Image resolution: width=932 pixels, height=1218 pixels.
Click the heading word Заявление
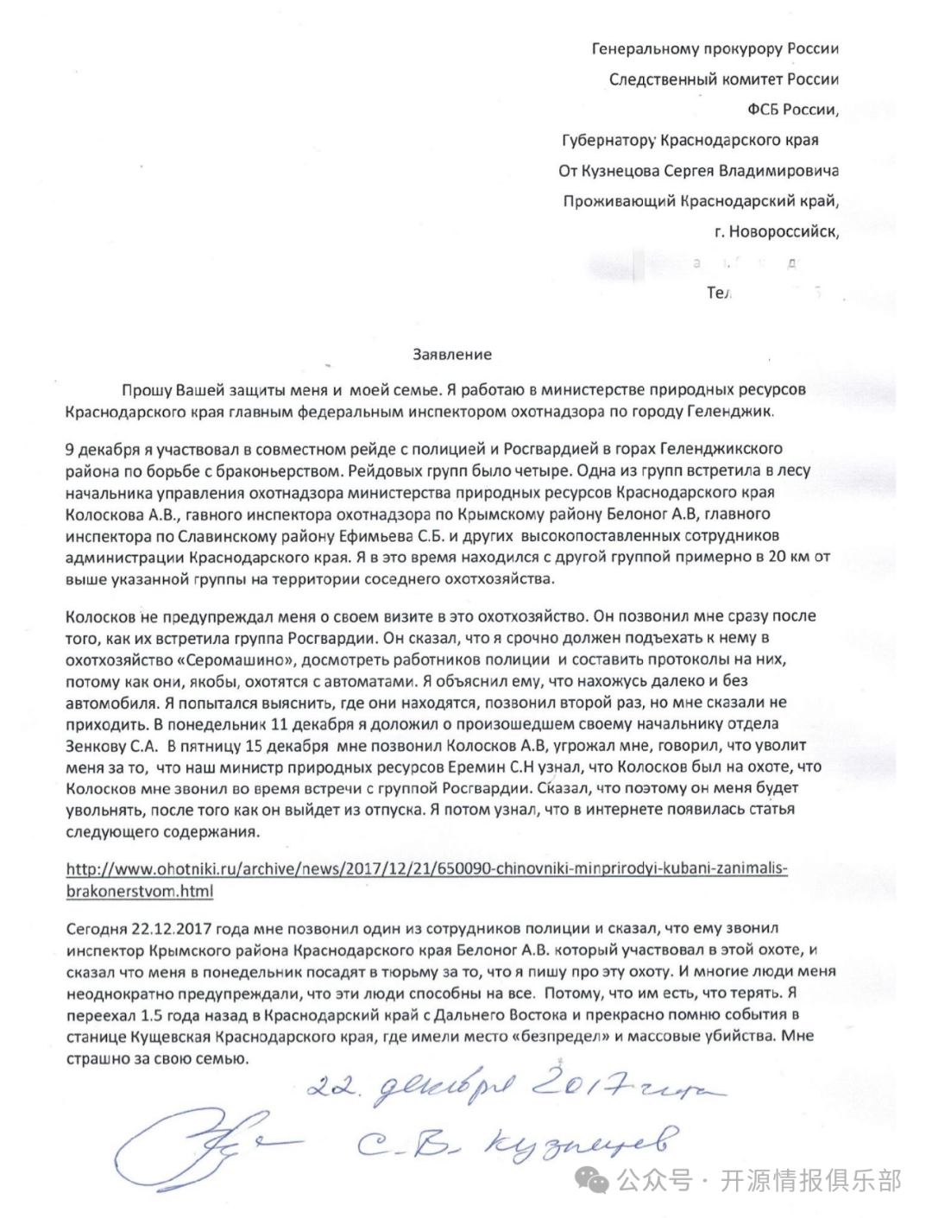click(452, 354)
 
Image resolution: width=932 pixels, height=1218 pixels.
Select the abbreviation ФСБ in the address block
click(764, 110)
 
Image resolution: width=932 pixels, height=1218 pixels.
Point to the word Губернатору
click(608, 140)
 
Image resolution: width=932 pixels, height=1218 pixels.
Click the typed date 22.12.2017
click(166, 928)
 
